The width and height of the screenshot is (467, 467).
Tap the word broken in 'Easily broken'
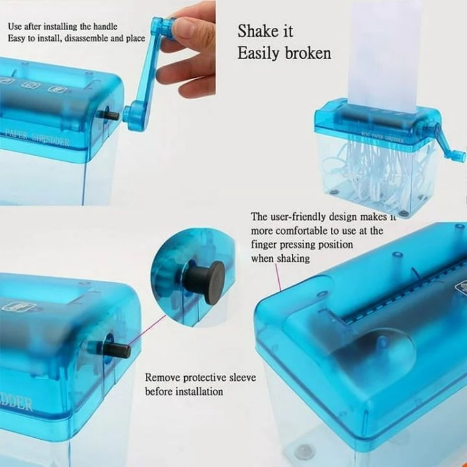(307, 53)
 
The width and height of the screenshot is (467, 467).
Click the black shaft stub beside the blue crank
(110, 115)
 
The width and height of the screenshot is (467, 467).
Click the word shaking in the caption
(294, 259)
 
